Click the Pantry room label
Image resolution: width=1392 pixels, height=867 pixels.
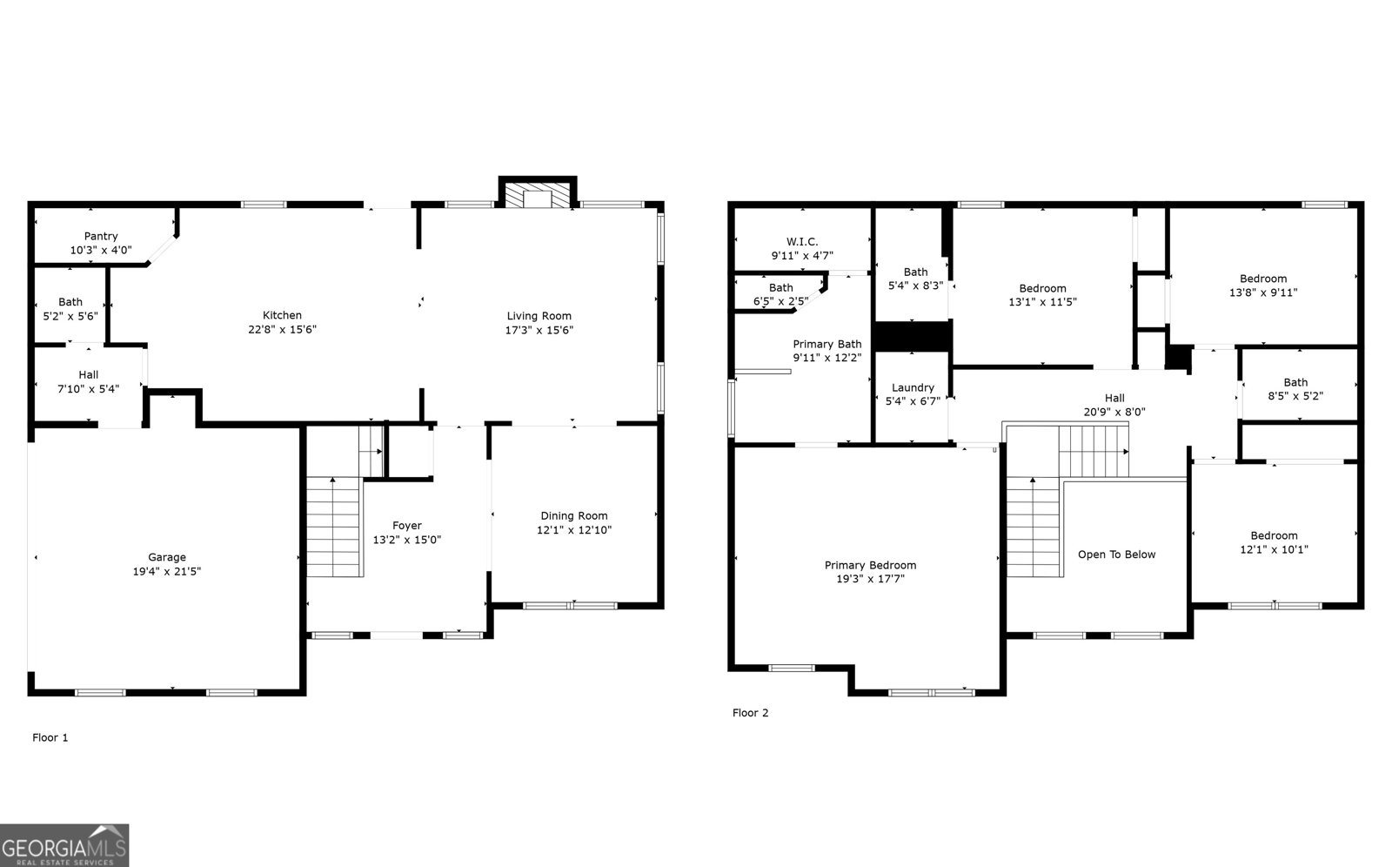(101, 236)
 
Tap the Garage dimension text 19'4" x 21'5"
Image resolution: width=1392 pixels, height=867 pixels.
(166, 572)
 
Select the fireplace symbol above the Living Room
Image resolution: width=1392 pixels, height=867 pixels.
(537, 195)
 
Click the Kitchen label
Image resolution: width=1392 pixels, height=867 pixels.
(282, 315)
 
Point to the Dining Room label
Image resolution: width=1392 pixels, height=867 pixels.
(573, 515)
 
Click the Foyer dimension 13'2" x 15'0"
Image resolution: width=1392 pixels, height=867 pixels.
(406, 540)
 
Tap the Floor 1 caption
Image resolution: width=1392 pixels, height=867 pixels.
(50, 737)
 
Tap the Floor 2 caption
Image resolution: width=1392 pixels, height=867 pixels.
(750, 713)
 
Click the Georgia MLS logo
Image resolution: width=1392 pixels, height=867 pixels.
(64, 845)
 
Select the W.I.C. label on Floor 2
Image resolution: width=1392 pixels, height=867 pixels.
(801, 241)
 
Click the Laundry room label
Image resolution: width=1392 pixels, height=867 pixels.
(913, 387)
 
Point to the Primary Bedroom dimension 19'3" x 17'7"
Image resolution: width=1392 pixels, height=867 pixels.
(870, 579)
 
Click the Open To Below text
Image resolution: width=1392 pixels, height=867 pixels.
(1116, 554)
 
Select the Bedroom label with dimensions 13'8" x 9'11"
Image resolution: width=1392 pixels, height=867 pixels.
(1262, 279)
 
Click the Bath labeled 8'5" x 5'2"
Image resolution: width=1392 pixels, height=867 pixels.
(1295, 382)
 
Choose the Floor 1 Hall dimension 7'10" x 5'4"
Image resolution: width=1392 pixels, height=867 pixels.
(88, 389)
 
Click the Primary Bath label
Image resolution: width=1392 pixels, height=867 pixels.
(826, 344)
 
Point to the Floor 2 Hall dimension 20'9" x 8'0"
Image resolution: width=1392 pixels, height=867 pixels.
(1114, 412)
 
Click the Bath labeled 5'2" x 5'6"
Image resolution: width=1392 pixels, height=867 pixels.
(70, 302)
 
